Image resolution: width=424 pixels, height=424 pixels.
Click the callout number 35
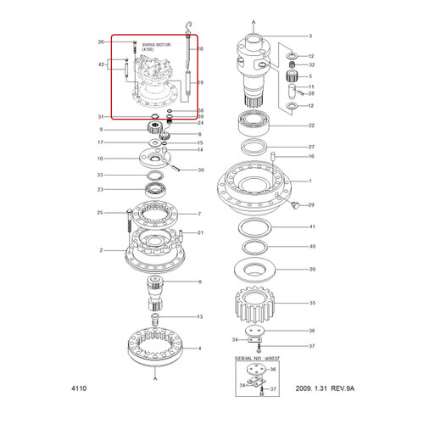point(312,303)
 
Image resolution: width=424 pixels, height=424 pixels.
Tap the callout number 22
point(312,126)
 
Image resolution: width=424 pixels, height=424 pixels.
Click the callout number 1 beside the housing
point(310,181)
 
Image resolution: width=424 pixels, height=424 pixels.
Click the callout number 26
point(100,42)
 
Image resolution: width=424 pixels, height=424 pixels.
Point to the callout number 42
point(101,64)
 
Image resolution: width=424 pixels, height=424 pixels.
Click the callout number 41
point(312,227)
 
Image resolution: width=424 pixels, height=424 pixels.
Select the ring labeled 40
point(257,246)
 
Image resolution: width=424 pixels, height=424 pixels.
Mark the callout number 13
point(200,316)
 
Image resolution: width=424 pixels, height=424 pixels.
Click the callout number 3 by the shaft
point(310,36)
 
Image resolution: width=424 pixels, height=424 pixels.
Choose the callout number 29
point(312,205)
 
